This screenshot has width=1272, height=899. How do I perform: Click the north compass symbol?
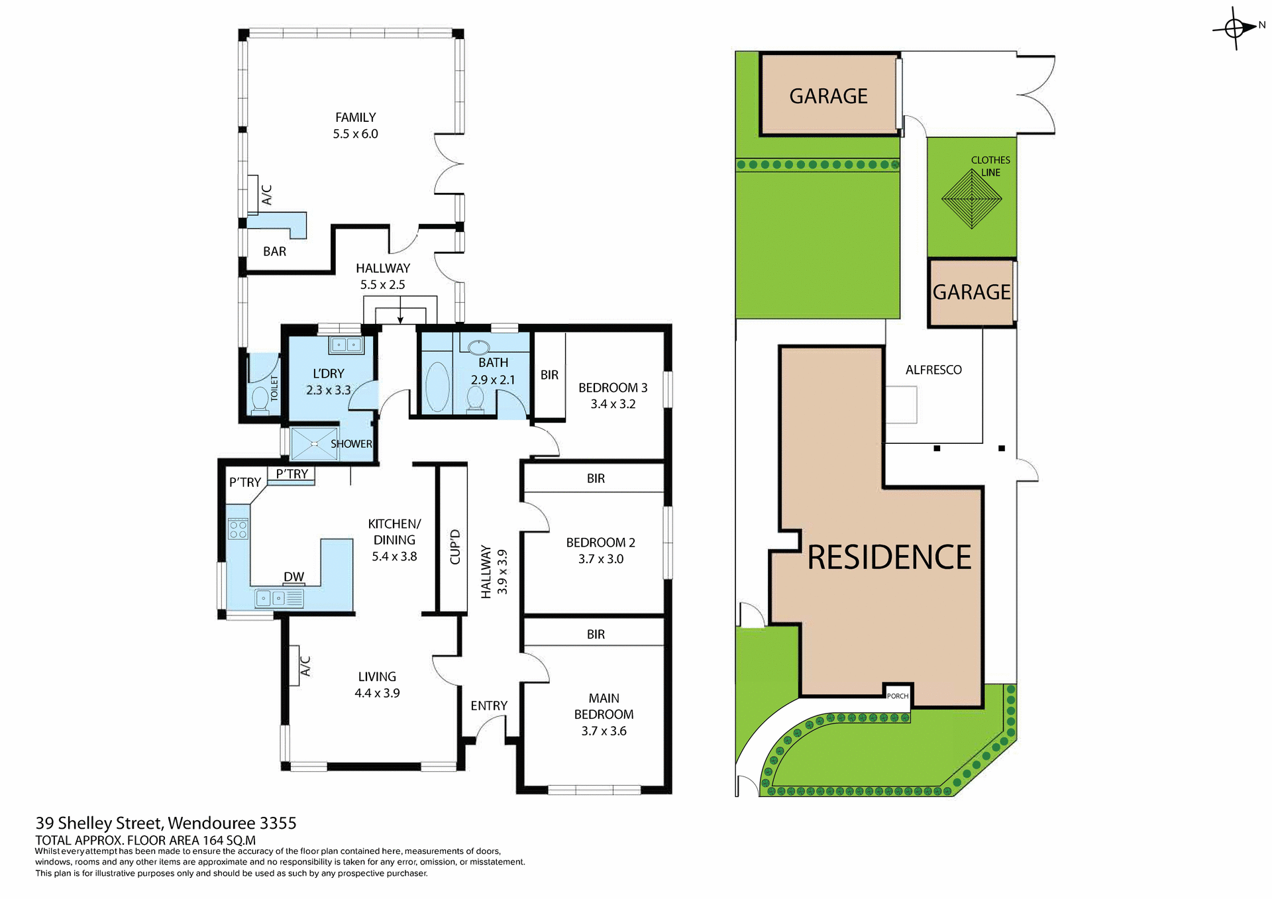tap(1235, 28)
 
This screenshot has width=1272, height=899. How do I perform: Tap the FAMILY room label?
tap(355, 117)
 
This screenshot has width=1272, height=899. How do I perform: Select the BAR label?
tap(274, 252)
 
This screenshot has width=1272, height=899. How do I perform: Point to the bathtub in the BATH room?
tap(437, 387)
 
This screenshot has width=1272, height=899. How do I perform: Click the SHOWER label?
tap(351, 444)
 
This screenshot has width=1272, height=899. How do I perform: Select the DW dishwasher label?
tap(293, 577)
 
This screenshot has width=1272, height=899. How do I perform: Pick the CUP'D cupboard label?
tap(454, 547)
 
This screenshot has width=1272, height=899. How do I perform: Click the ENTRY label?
tap(489, 706)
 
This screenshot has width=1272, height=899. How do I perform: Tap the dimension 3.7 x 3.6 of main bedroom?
tap(604, 731)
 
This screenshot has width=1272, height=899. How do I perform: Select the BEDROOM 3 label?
tap(613, 388)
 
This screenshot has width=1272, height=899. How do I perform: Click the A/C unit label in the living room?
tap(305, 666)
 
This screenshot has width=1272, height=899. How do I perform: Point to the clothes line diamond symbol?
tap(971, 199)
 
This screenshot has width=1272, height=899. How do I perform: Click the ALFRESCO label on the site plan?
tap(933, 370)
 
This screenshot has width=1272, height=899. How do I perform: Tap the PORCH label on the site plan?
tap(898, 696)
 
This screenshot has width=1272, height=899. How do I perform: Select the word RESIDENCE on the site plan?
tap(889, 557)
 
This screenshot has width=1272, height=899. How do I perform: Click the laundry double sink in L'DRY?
tap(346, 345)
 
